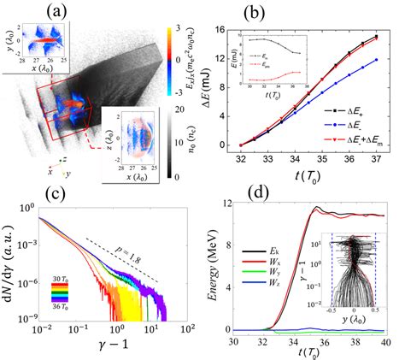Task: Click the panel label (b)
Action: coord(308,11)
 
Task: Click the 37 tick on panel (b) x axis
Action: coord(379,155)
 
